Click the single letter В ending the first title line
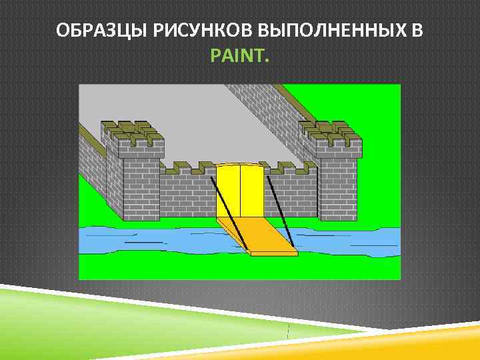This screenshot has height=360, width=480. point(417,31)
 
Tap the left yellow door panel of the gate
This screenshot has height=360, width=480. point(228,190)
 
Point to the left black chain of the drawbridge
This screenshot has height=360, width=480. point(226,200)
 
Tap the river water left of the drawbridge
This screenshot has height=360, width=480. point(147,239)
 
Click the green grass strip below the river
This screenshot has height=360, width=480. point(200,267)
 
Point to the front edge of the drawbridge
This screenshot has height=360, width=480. point(273,253)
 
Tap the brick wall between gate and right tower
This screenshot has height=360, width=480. point(293,193)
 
